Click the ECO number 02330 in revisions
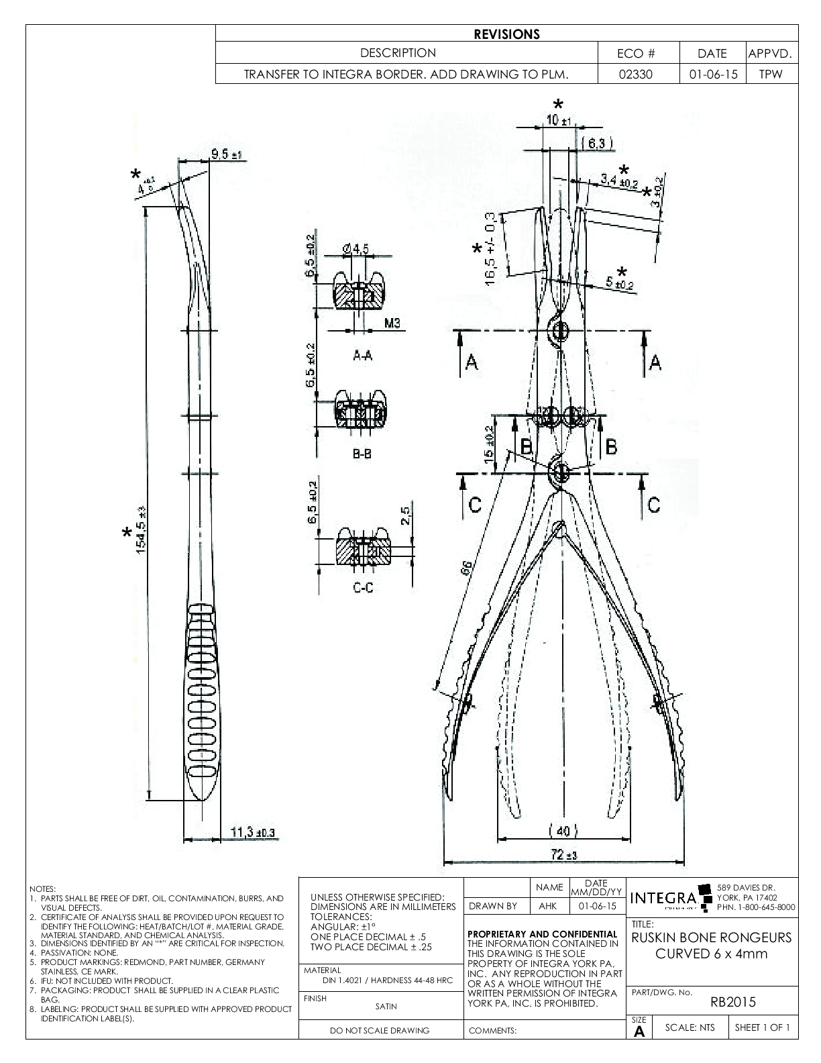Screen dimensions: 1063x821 pyautogui.click(x=638, y=74)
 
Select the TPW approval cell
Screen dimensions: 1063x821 pyautogui.click(x=771, y=74)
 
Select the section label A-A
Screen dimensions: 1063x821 pyautogui.click(x=362, y=356)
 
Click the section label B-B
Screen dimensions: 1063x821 pyautogui.click(x=362, y=454)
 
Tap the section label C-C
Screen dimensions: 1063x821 pyautogui.click(x=363, y=589)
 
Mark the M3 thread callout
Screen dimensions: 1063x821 pyautogui.click(x=392, y=323)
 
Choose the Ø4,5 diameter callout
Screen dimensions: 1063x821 pyautogui.click(x=355, y=250)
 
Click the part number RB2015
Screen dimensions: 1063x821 pyautogui.click(x=732, y=1002)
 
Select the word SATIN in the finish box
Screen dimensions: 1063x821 pyautogui.click(x=386, y=1006)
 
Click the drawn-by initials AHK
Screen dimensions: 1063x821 pyautogui.click(x=548, y=906)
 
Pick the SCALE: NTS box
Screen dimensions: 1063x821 pyautogui.click(x=690, y=1027)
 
